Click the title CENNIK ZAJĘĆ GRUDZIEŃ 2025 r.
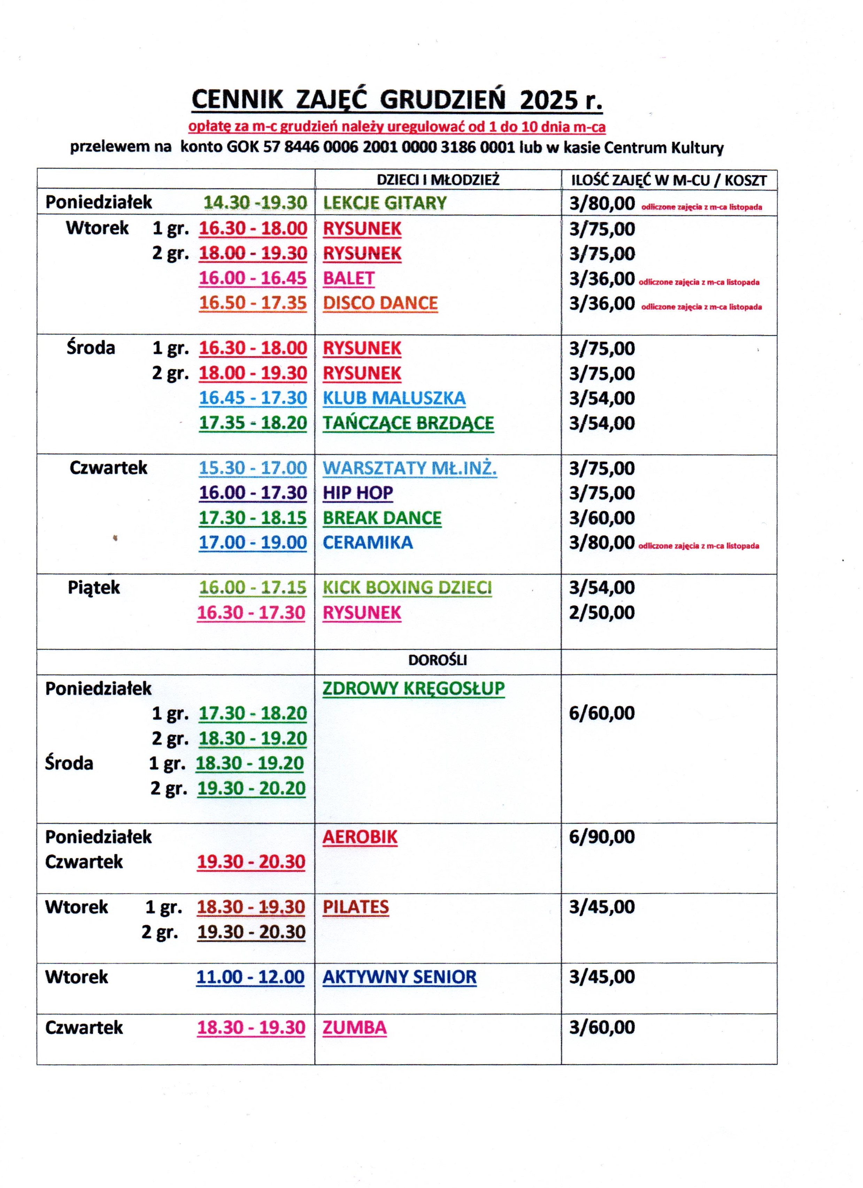coord(396,100)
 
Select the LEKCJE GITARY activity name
coord(384,203)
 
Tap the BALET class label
coord(348,278)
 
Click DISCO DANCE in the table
coord(380,303)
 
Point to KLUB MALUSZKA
coord(394,398)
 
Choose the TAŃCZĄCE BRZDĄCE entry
coord(408,423)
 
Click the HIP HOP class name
coord(358,492)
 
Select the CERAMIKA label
coord(368,542)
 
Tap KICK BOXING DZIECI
coord(407,587)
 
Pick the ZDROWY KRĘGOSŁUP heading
coord(413,688)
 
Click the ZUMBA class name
coord(355,1027)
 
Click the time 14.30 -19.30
coord(255,203)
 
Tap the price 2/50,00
coord(602,612)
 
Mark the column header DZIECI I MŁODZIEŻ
coord(438,180)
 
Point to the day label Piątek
coord(94,588)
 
